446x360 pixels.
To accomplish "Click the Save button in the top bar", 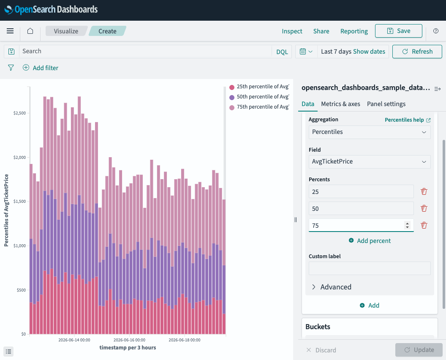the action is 399,31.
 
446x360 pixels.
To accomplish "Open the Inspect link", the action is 292,31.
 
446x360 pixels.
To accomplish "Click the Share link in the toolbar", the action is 321,31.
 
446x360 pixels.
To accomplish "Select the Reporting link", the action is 354,31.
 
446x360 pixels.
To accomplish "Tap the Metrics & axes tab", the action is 340,104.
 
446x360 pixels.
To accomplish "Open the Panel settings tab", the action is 386,104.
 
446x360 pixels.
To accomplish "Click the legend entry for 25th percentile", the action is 259,87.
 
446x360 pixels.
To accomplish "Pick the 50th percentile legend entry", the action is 259,97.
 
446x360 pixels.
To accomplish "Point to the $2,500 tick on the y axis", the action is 19,113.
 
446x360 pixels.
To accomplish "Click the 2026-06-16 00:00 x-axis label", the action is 129,340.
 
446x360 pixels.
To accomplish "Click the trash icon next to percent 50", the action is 424,209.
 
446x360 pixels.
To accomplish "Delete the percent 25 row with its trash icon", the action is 424,191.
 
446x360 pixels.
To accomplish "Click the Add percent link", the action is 370,241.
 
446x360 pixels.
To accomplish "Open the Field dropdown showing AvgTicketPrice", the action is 370,162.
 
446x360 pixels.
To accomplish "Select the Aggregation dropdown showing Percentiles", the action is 370,132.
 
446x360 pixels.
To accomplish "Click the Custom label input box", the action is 370,268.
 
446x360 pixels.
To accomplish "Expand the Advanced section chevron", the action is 314,287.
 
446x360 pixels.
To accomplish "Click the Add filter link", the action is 41,68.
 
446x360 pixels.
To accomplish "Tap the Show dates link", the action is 369,52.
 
